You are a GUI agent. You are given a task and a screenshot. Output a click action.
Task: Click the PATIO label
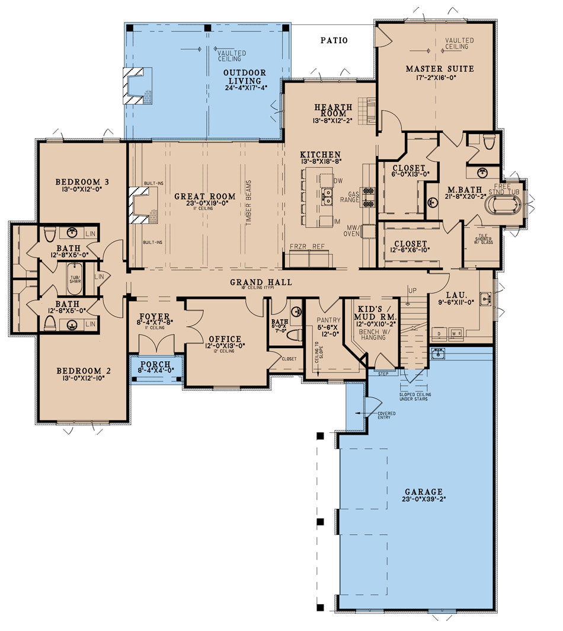[334, 41]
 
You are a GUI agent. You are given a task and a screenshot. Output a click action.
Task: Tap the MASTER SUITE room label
[440, 69]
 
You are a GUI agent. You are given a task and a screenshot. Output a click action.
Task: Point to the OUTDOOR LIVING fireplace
[138, 85]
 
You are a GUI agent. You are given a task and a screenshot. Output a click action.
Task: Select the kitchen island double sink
[327, 197]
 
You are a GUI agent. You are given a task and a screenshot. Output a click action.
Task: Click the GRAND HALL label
[261, 282]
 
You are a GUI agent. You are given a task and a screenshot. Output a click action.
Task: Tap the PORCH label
[156, 364]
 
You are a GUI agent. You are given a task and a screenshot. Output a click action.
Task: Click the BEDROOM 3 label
[82, 181]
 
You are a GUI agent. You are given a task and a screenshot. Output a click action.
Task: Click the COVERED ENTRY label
[386, 415]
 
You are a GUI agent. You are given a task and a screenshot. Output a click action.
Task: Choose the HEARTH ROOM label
[334, 111]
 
